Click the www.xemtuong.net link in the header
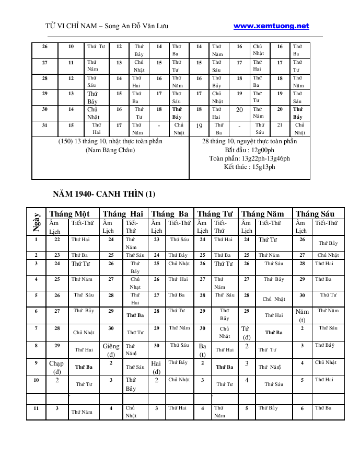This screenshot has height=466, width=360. [x=271, y=26]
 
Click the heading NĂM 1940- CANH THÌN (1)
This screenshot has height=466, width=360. [x=104, y=194]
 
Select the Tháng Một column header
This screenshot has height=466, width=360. [x=68, y=213]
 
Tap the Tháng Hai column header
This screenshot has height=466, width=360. [x=123, y=213]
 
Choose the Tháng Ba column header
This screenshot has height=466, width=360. [x=170, y=213]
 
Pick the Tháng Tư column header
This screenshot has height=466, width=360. [x=215, y=213]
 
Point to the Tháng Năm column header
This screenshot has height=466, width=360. [x=263, y=213]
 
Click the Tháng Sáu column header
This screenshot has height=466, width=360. [x=315, y=213]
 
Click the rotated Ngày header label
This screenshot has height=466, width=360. [x=36, y=221]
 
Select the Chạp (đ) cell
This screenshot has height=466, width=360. [x=56, y=367]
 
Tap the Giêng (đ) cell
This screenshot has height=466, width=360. [x=111, y=349]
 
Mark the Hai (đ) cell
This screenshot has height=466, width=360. [x=156, y=367]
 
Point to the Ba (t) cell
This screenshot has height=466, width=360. [x=203, y=349]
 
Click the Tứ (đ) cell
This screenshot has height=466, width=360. [x=247, y=332]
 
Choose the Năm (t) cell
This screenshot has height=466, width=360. [x=302, y=315]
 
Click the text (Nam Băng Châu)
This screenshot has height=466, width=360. [x=110, y=150]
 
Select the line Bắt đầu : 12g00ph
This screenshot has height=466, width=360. [x=249, y=150]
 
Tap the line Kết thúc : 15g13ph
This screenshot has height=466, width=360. [x=249, y=167]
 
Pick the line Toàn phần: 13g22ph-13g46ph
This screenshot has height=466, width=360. [x=249, y=158]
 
